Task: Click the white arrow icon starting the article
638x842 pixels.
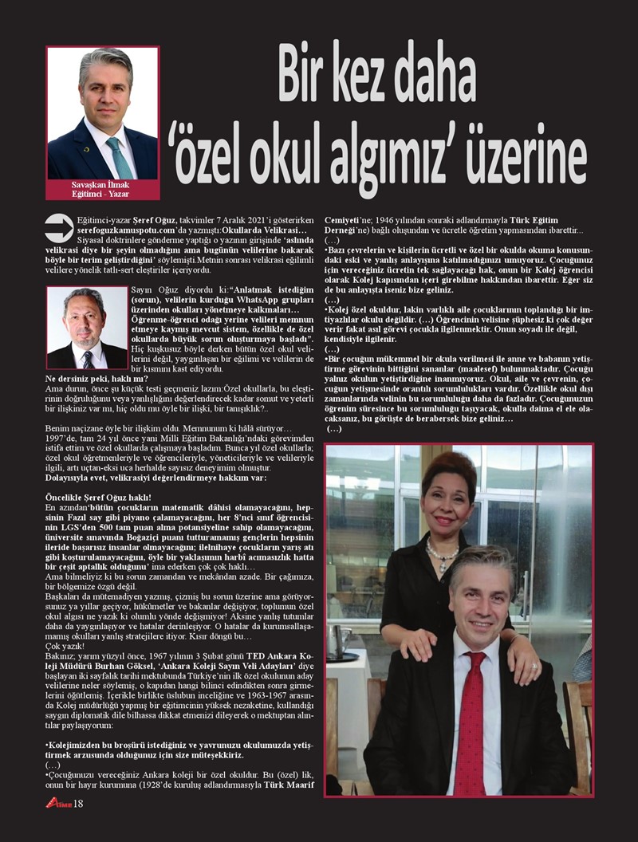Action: point(57,227)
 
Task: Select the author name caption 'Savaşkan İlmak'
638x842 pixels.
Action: point(101,184)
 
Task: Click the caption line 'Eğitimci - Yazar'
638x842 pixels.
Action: point(101,193)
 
